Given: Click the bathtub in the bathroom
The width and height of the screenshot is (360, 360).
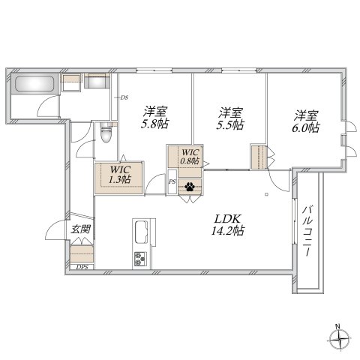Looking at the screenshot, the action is [34, 84].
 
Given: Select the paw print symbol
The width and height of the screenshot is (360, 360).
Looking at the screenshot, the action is [190, 187].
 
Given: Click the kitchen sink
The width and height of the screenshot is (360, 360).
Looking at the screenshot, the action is [142, 232].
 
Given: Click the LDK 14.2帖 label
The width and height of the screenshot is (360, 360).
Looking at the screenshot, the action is [228, 225].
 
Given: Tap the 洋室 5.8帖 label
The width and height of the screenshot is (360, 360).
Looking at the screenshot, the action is [155, 118].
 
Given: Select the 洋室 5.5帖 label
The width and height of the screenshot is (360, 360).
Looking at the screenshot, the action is [230, 118].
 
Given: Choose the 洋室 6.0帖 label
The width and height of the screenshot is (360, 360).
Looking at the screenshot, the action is [305, 121].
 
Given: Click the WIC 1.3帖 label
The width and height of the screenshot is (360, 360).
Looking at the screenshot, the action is [120, 174].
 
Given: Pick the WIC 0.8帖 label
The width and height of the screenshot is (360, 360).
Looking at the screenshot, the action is [190, 157].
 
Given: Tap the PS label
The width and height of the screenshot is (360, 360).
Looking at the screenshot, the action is [172, 181].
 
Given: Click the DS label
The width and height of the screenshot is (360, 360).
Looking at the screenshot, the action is [124, 97].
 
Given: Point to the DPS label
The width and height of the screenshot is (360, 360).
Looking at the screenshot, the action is [82, 267].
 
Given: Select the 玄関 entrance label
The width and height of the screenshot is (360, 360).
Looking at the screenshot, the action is [80, 229].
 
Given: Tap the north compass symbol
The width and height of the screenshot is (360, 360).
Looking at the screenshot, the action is [338, 340].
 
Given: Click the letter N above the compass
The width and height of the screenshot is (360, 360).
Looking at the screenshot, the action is [337, 326].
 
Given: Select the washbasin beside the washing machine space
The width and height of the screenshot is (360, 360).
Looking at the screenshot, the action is [97, 81].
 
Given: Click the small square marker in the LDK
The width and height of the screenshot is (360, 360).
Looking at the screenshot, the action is [267, 193].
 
